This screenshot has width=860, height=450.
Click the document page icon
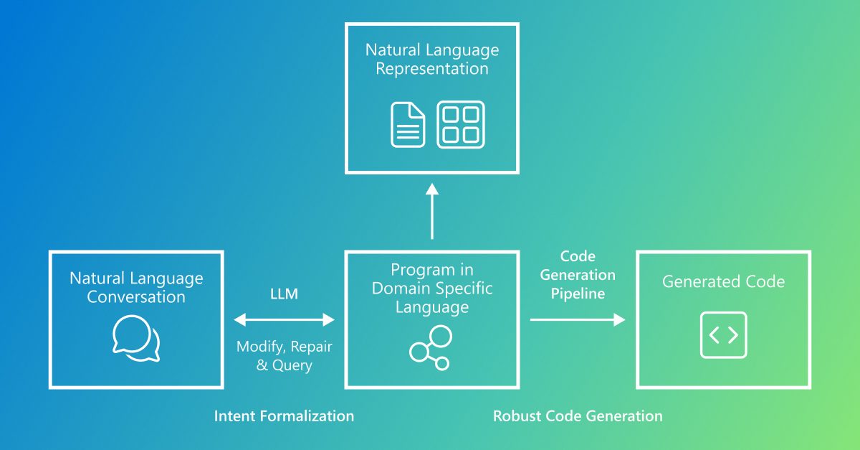[407, 125]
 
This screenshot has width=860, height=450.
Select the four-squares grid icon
[461, 125]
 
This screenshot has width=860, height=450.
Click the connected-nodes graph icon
[431, 348]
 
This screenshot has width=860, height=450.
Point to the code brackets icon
[723, 335]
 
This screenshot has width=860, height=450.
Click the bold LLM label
[284, 294]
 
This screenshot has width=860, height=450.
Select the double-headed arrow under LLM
[285, 319]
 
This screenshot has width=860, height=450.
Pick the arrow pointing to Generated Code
[578, 319]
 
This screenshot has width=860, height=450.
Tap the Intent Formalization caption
[284, 416]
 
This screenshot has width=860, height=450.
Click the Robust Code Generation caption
[578, 416]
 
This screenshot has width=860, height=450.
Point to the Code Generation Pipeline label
[578, 275]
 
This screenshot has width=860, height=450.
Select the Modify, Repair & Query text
[285, 356]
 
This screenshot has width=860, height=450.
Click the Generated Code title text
[723, 282]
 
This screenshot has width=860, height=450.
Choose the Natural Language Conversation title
[136, 287]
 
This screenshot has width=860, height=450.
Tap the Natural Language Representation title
[432, 60]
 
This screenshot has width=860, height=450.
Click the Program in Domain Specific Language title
[432, 289]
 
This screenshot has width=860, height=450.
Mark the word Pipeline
[578, 294]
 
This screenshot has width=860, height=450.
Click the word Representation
[432, 69]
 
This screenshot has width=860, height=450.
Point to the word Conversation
[136, 296]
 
